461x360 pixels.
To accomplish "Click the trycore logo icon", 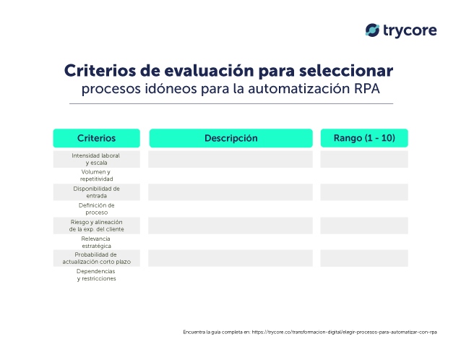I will click(373, 30).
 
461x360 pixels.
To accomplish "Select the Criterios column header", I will click(96, 138).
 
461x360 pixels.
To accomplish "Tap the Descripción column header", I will click(231, 138).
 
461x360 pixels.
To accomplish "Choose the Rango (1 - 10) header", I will click(364, 138).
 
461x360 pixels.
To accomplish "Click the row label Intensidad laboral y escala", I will click(96, 159).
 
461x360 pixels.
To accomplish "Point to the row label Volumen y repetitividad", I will click(96, 176).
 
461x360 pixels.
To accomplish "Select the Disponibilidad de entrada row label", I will click(96, 192).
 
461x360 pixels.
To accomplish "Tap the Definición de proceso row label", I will click(96, 209).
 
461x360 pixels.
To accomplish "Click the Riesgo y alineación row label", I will click(96, 226).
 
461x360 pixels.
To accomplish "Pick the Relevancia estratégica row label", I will click(96, 242).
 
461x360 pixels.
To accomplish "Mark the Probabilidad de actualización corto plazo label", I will click(96, 258).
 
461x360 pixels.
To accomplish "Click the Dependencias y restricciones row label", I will click(96, 275).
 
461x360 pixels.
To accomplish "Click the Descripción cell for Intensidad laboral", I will click(231, 159).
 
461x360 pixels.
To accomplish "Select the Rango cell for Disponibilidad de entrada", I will click(364, 192).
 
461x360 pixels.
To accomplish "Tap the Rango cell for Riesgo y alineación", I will click(364, 226).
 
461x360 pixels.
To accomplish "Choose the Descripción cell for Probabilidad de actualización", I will click(231, 258).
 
